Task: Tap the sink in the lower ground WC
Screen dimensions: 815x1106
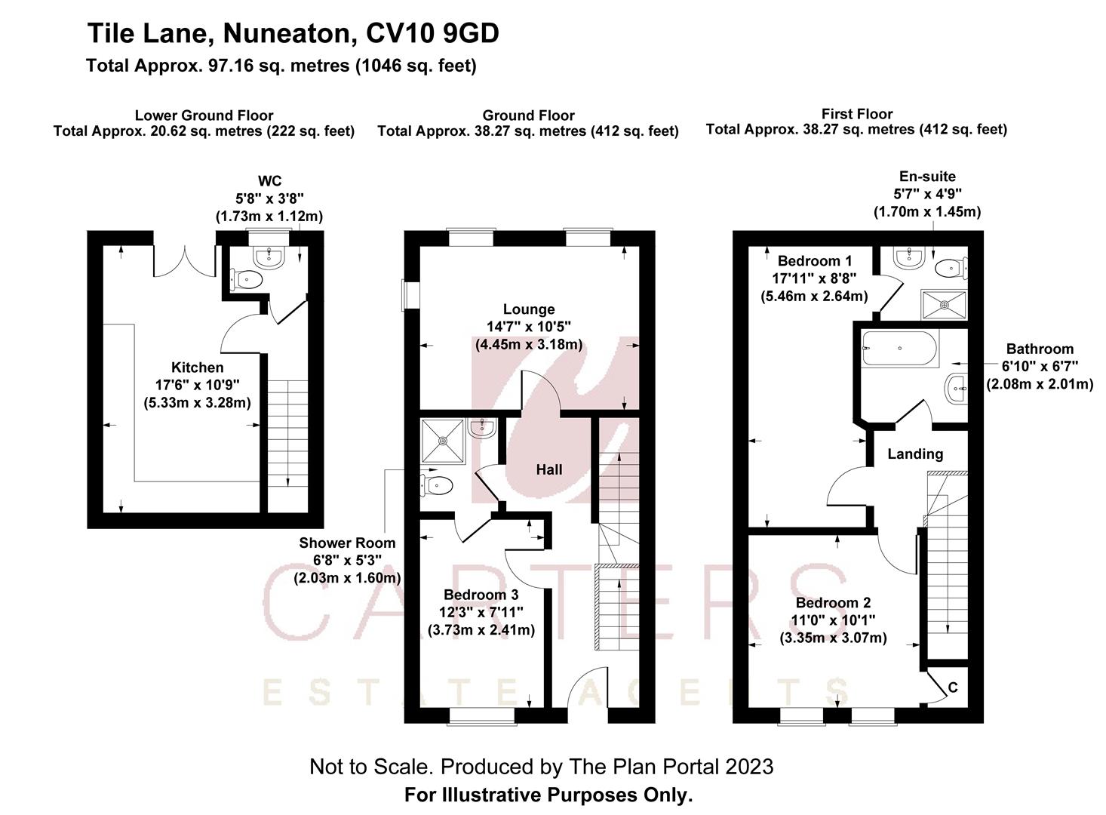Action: tap(269, 259)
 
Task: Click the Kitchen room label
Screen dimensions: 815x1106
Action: tap(197, 368)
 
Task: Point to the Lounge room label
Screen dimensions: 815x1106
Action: tap(529, 309)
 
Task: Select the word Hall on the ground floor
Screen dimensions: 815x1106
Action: tap(548, 469)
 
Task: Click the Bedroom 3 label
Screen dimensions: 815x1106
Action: tap(481, 595)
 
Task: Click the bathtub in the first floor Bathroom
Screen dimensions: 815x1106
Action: tap(899, 349)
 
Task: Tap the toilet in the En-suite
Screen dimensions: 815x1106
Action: tap(951, 267)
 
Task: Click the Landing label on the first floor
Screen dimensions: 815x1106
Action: tap(914, 454)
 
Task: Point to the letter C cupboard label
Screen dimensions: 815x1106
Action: tap(953, 687)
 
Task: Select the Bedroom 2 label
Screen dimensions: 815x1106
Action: tap(833, 602)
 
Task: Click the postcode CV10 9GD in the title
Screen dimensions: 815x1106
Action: tap(432, 34)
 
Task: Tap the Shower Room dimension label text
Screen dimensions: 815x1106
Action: tap(346, 560)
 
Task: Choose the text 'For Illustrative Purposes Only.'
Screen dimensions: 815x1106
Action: tap(548, 795)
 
